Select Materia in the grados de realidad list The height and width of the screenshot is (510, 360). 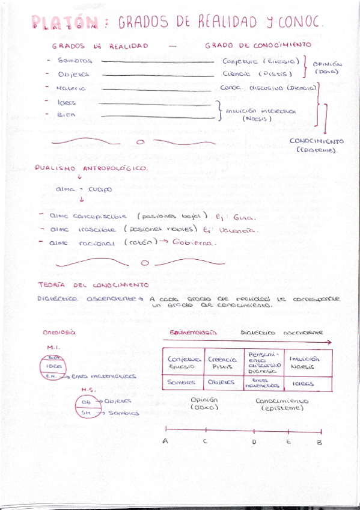[x=71, y=88]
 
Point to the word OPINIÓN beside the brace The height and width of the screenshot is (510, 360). [x=327, y=64]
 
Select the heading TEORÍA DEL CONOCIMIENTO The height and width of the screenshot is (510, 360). [x=93, y=284]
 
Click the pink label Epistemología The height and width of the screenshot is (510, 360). [x=193, y=332]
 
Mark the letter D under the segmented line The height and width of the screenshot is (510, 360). [x=254, y=442]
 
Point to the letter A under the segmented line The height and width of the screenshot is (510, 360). [x=165, y=441]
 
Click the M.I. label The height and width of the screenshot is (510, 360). [x=53, y=347]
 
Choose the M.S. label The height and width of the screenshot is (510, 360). [x=88, y=389]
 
